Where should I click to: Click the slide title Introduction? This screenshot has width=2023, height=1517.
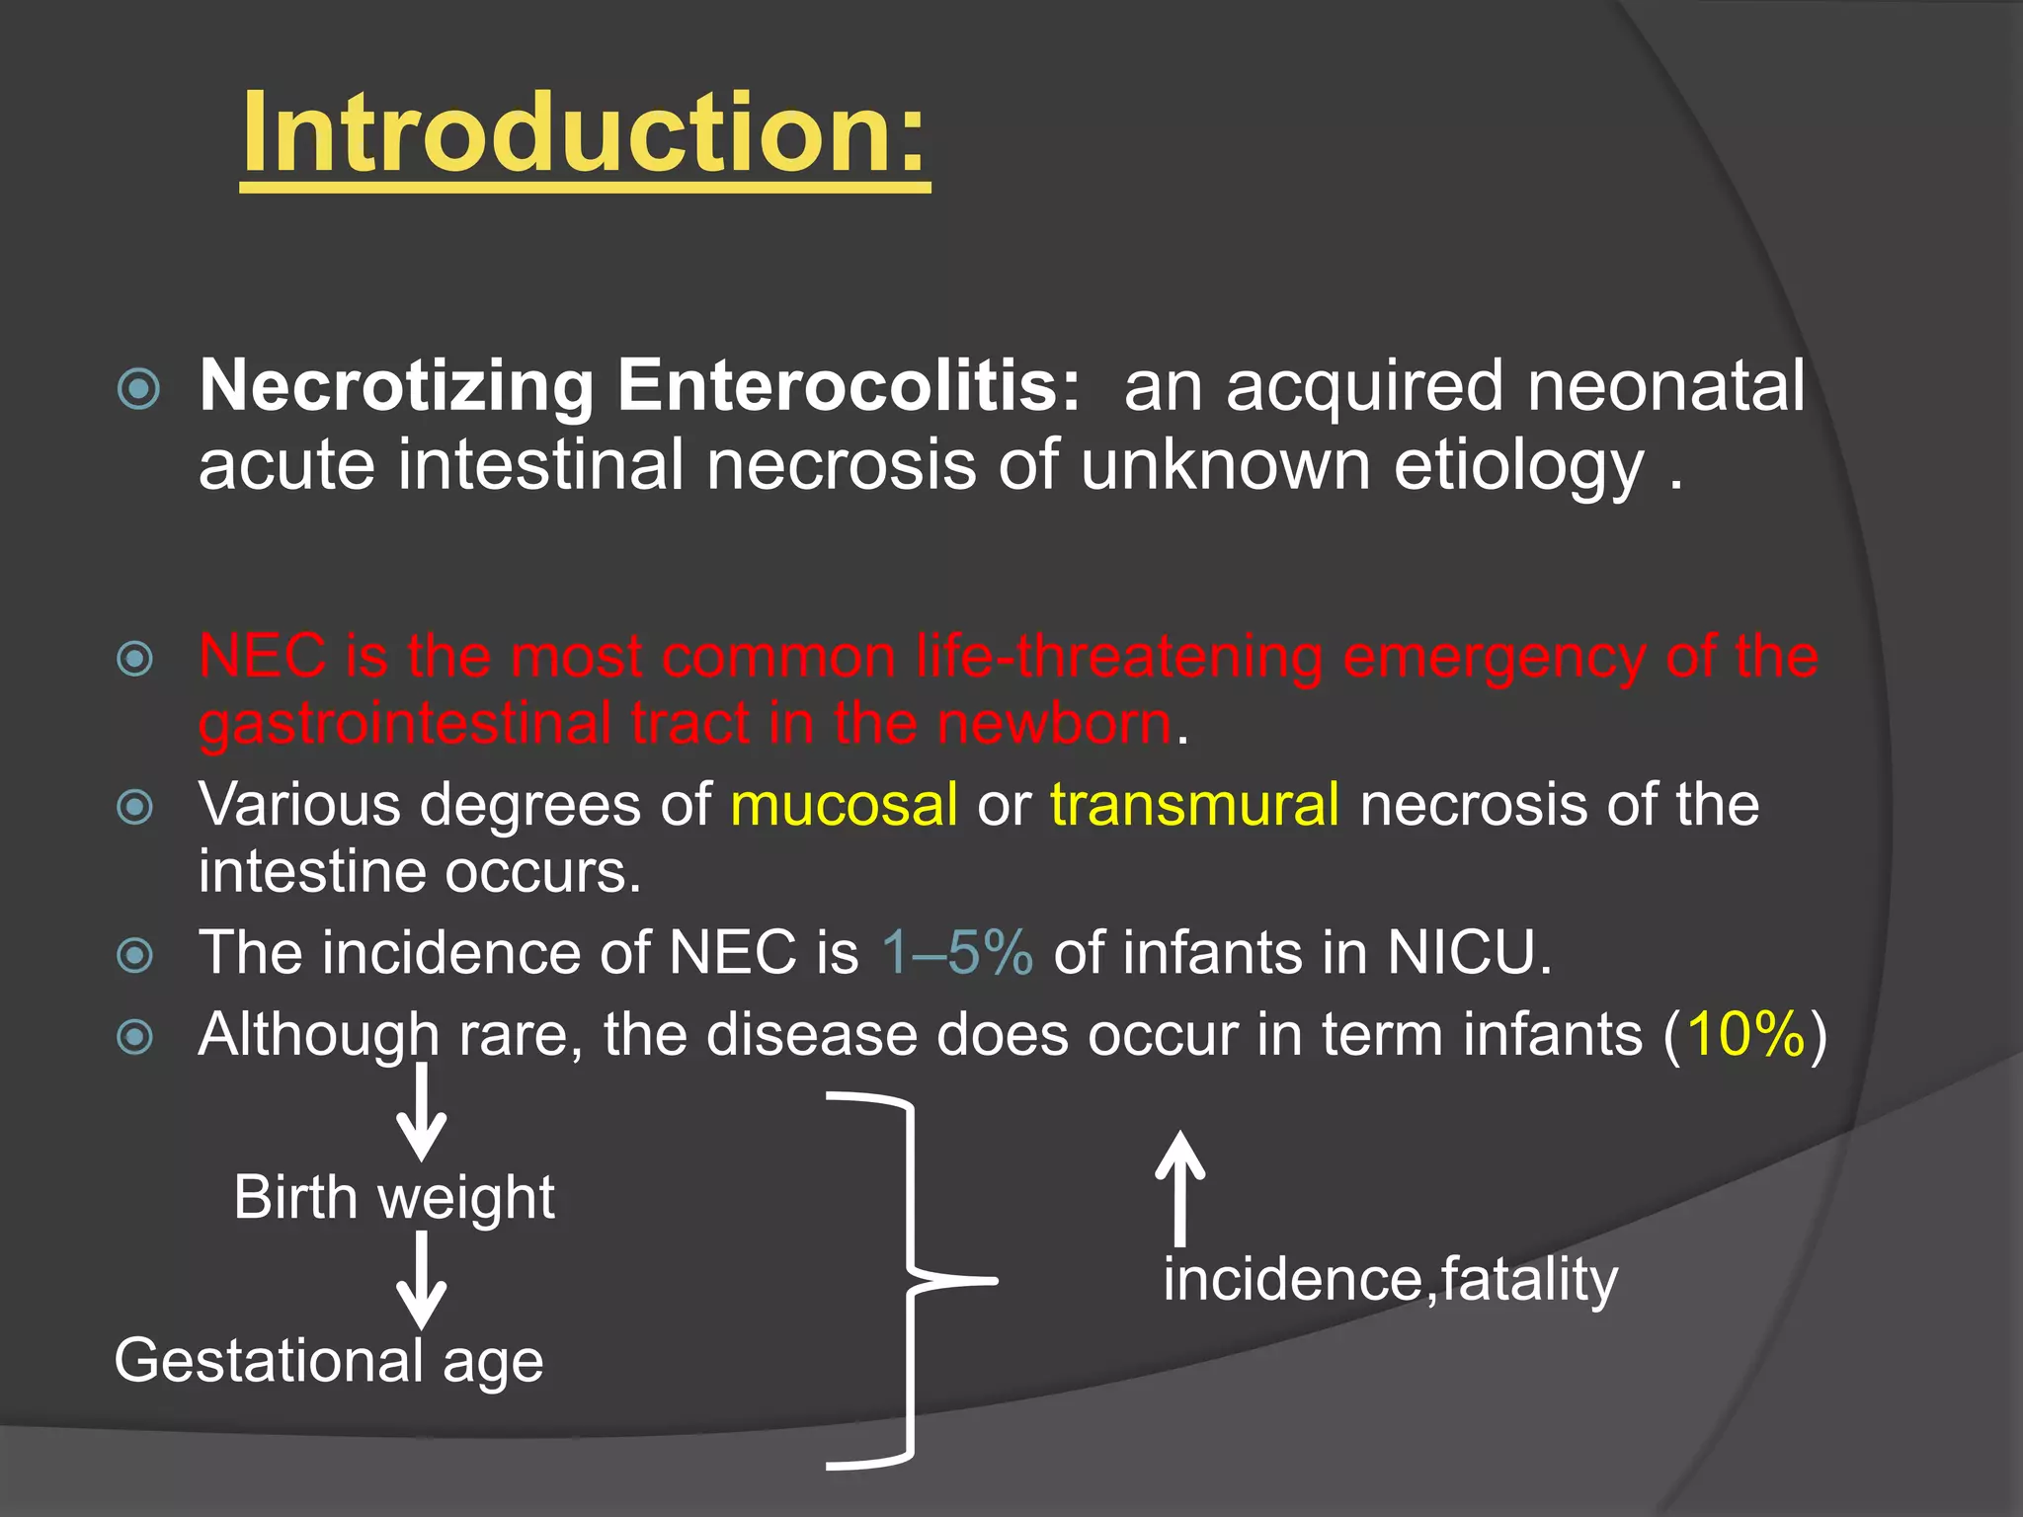(x=585, y=133)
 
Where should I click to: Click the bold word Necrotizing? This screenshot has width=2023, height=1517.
(x=396, y=385)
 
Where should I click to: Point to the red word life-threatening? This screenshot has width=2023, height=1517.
(x=1120, y=657)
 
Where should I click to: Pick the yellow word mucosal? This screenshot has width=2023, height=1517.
(x=844, y=804)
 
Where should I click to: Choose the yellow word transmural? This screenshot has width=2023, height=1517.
(x=1194, y=804)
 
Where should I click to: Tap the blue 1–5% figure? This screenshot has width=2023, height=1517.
(x=957, y=953)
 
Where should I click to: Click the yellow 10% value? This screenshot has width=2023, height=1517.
(x=1745, y=1035)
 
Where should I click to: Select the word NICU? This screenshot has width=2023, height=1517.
(x=1468, y=953)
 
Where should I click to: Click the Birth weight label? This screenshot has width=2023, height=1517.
(x=394, y=1198)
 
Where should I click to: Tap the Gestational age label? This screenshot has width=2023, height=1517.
(x=329, y=1361)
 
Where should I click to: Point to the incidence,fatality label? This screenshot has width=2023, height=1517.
(x=1390, y=1280)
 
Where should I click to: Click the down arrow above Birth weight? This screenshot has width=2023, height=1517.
(x=422, y=1114)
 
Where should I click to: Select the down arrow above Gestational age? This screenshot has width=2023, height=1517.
(x=422, y=1281)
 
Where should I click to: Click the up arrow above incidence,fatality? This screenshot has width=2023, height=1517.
(x=1179, y=1187)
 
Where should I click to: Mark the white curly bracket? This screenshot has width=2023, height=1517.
(x=909, y=1280)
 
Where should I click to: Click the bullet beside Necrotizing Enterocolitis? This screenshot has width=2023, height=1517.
(x=138, y=388)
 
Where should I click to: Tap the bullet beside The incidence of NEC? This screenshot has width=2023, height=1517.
(x=135, y=955)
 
